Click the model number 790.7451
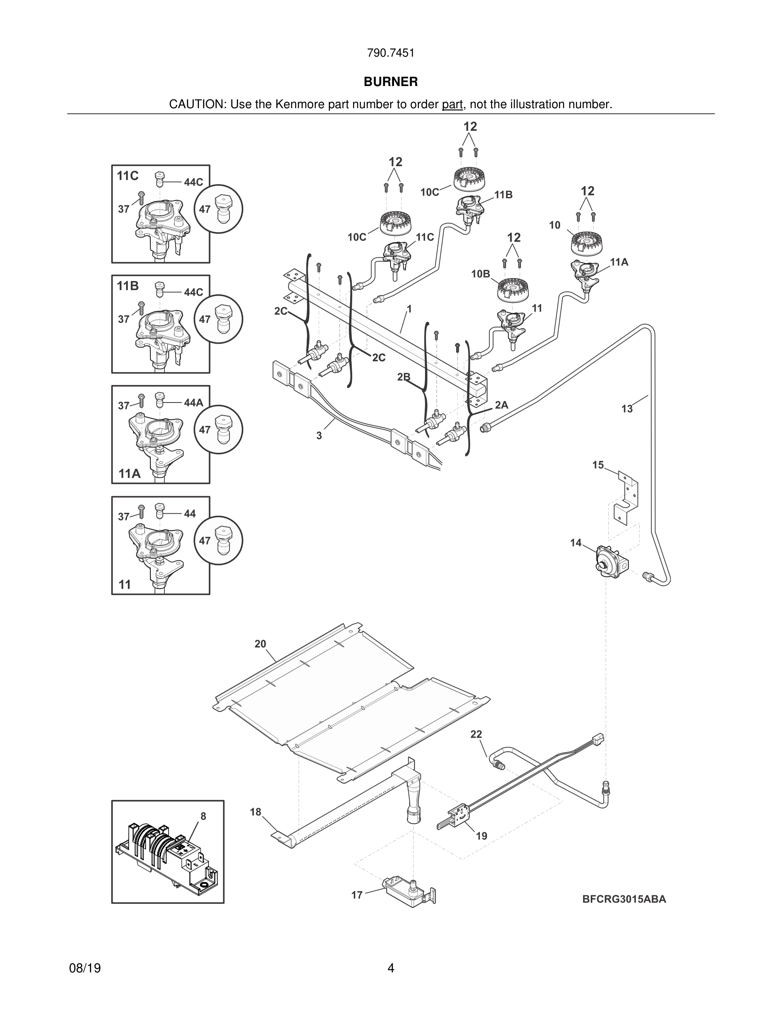[391, 53]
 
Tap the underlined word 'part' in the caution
[452, 104]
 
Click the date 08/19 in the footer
[85, 969]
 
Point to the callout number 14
[575, 543]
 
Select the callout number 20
[260, 644]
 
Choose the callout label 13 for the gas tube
[627, 409]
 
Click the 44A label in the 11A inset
[194, 402]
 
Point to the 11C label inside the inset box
[127, 176]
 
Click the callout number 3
[319, 436]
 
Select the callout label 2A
[502, 405]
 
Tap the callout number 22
[476, 734]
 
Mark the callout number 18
[256, 812]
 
